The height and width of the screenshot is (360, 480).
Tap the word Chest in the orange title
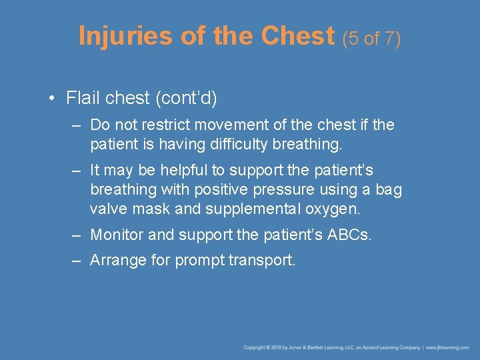point(299,36)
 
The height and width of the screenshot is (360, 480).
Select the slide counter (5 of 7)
point(372,38)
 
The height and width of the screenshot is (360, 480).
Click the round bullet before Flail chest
point(52,99)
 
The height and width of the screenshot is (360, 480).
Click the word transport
point(261,261)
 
